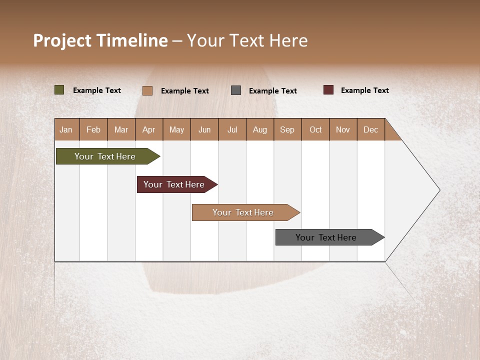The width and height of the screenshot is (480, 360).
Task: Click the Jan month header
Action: pos(66,129)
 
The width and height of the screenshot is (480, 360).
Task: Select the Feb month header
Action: pos(93,129)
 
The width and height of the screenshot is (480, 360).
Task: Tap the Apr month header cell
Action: pos(149,129)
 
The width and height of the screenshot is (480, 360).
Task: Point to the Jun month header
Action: pos(204,129)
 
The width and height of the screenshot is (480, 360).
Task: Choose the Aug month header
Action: pos(260,129)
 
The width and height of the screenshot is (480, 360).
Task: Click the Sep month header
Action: pos(287,129)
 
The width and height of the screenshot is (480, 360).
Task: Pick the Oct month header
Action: pos(315,129)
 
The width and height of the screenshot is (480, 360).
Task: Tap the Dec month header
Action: pos(371,129)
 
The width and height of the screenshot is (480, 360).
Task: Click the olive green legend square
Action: pos(59,90)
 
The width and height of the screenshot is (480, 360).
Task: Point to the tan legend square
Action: pos(147,90)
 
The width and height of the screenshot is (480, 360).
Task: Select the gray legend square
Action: pos(236,90)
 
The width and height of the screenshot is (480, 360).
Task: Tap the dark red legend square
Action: pos(328,90)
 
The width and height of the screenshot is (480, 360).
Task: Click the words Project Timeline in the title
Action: pos(100,40)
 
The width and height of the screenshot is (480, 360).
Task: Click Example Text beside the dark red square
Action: pos(365,90)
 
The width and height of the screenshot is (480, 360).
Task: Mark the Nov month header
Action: pos(343,129)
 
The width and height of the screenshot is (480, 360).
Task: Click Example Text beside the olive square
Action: pos(97,90)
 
